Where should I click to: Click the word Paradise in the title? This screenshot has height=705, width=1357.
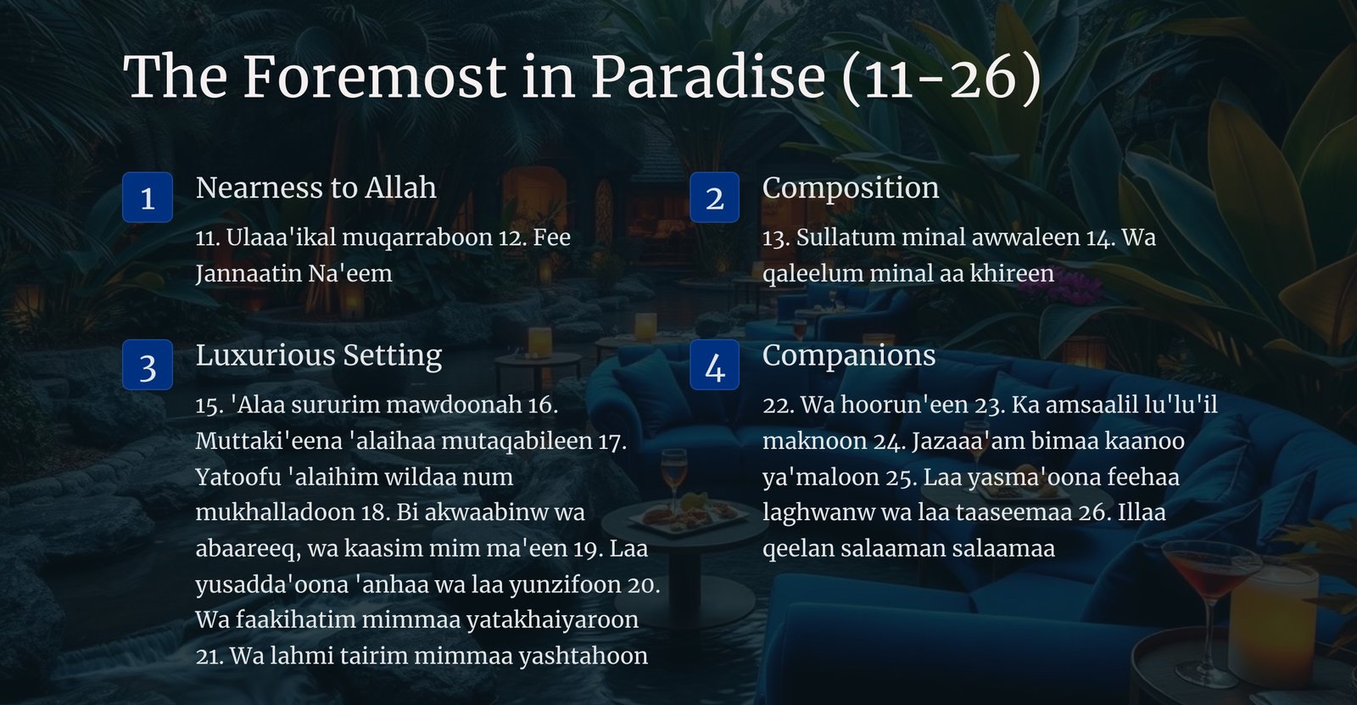707,76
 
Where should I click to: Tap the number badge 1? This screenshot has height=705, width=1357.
148,197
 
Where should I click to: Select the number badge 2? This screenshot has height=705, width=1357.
714,197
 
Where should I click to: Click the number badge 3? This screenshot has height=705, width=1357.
148,364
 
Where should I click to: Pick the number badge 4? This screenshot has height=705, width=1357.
714,364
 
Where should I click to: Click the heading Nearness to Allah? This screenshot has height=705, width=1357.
316,187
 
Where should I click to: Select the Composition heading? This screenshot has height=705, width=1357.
851,188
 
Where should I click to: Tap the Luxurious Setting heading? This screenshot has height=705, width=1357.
319,355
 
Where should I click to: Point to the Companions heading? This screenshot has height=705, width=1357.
849,355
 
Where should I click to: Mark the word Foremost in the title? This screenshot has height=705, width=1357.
374,76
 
